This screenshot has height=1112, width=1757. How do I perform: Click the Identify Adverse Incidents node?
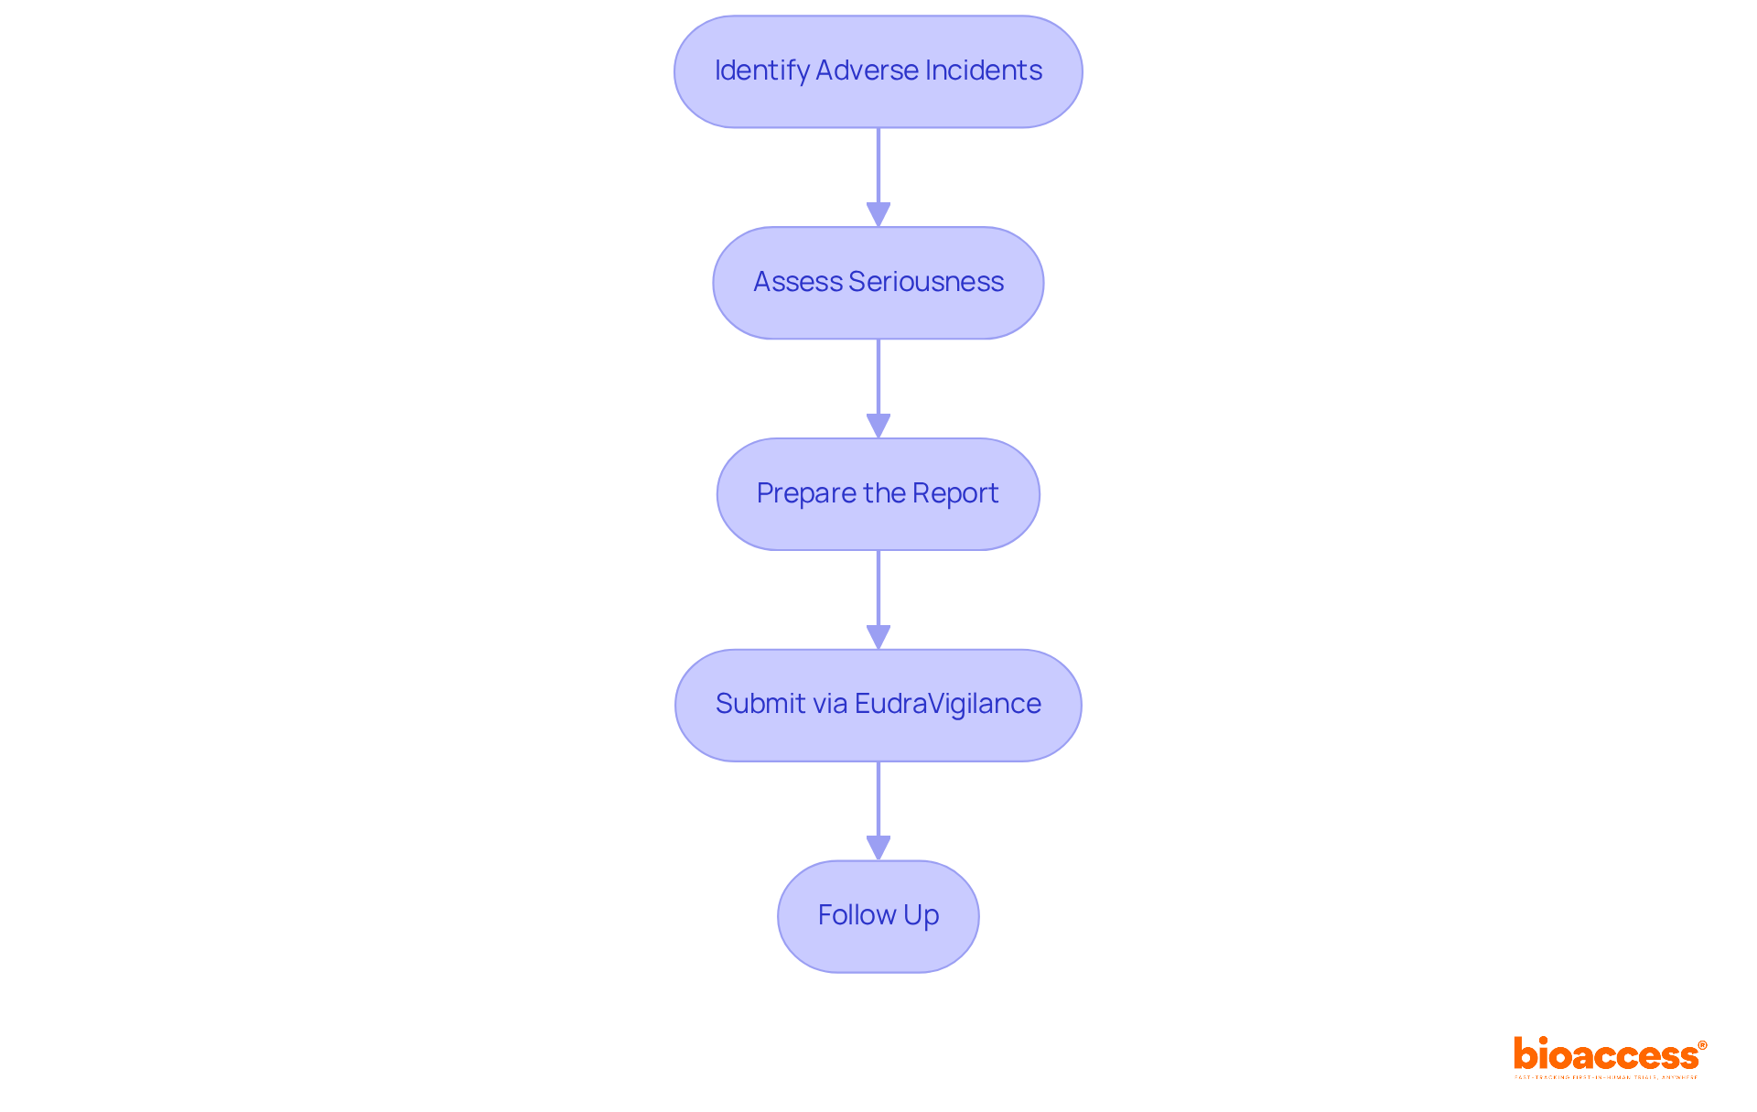pos(878,71)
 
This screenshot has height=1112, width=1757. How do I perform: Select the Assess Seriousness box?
pos(878,283)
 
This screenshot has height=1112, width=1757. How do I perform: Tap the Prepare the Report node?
pos(878,494)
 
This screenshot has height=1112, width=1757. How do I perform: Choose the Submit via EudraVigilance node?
pos(878,705)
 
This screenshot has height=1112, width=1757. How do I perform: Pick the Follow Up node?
pos(878,916)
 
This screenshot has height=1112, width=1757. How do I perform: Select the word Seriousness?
pos(926,282)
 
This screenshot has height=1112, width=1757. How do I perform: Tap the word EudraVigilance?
pos(948,704)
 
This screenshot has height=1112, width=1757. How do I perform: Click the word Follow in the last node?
pos(857,915)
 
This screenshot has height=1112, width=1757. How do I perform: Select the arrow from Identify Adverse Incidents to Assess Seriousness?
pos(878,174)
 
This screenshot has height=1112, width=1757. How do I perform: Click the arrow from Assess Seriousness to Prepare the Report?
pos(878,385)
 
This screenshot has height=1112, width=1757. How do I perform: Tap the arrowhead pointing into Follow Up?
pos(878,848)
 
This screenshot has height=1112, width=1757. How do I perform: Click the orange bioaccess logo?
pos(1609,1056)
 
